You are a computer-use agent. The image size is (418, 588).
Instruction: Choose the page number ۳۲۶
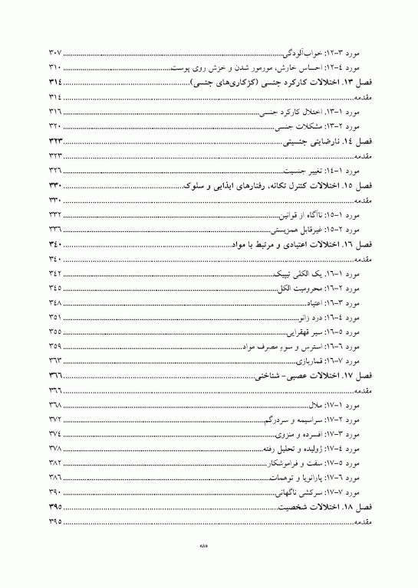click(54, 168)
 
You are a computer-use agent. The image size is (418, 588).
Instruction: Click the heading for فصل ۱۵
click(277, 187)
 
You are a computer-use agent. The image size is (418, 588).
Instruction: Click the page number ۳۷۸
click(54, 449)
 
